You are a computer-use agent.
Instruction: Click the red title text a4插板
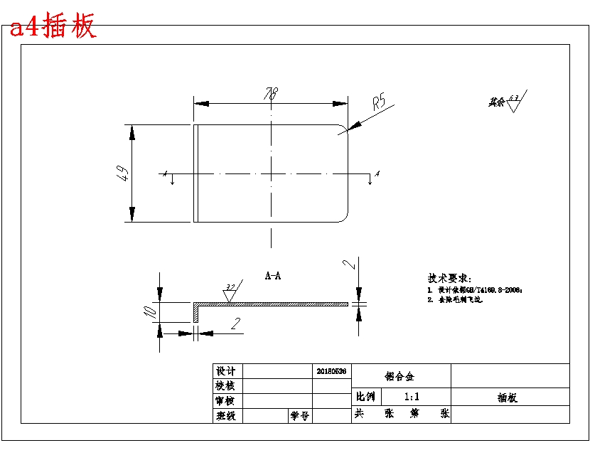tap(52, 27)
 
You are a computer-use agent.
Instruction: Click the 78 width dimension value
tap(271, 94)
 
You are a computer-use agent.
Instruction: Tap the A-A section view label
tap(272, 275)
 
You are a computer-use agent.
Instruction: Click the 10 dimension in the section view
tap(148, 311)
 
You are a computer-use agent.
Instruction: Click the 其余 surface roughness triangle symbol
tap(514, 104)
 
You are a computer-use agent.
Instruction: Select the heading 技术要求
tap(449, 278)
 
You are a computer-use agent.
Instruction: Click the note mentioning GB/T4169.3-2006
tap(475, 290)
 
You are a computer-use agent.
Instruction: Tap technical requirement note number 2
tap(455, 300)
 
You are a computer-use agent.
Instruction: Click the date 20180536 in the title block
tap(331, 371)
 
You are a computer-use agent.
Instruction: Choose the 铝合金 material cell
tap(400, 376)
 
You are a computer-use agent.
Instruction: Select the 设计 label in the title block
tap(225, 371)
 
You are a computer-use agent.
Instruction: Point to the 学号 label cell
tap(299, 416)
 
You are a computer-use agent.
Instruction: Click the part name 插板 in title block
tap(508, 397)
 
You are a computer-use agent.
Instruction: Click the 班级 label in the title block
tap(225, 416)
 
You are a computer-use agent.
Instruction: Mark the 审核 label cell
tap(225, 401)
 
